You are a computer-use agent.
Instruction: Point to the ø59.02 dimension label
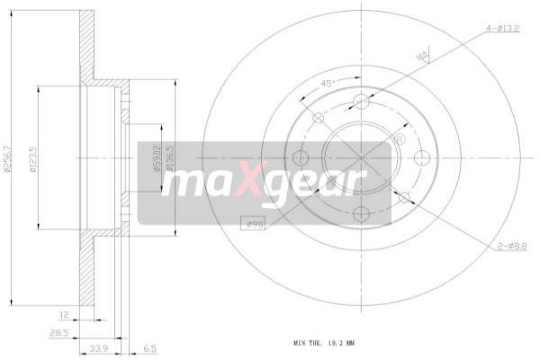pyautogui.click(x=155, y=158)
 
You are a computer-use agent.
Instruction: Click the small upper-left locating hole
pyautogui.click(x=318, y=119)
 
